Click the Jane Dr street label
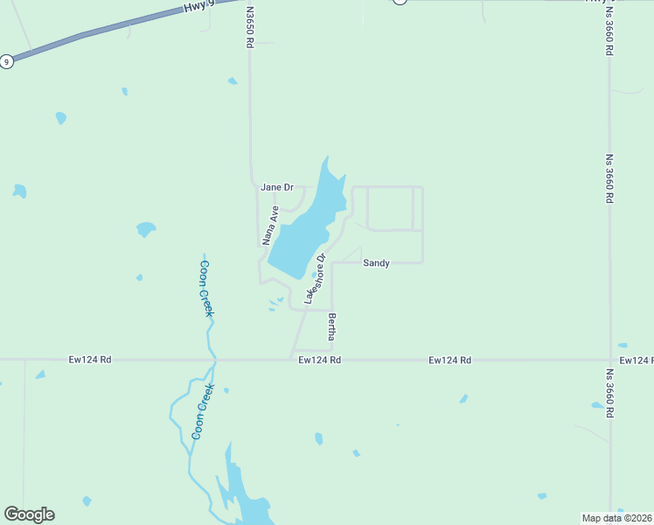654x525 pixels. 277,187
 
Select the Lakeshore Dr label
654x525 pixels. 315,279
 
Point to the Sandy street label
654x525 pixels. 376,262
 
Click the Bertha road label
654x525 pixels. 332,326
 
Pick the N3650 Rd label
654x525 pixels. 250,26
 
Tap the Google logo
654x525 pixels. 29,514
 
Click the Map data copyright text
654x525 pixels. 617,518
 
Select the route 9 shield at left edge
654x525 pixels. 6,61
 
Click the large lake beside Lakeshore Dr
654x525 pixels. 302,232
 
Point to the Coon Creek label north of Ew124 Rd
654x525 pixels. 206,288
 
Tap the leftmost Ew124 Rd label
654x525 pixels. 90,360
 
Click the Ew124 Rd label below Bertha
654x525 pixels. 319,360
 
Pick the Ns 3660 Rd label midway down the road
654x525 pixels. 609,179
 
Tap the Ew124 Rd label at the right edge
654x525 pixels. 636,360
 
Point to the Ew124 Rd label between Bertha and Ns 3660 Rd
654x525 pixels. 450,360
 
